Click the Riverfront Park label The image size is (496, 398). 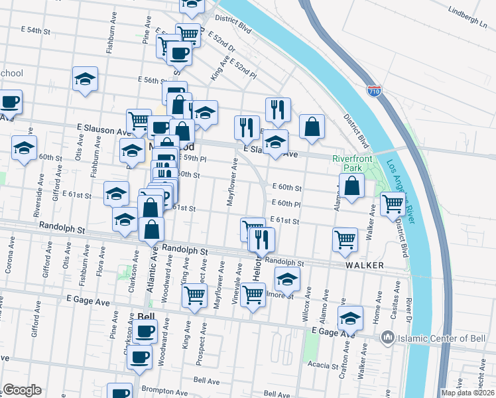pyautogui.click(x=352, y=163)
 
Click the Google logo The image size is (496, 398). pyautogui.click(x=23, y=389)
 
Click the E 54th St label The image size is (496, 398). pyautogui.click(x=36, y=31)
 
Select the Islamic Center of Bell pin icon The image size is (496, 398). pyautogui.click(x=387, y=338)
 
